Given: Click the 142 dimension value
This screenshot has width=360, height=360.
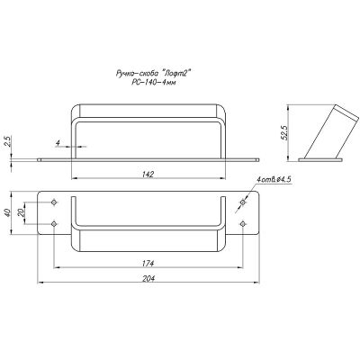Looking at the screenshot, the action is click(148, 174).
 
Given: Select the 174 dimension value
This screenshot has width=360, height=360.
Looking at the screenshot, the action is click(148, 263).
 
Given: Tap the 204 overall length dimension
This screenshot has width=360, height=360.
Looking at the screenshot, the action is click(148, 278).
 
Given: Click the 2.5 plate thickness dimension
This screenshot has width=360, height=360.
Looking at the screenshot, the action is click(8, 141).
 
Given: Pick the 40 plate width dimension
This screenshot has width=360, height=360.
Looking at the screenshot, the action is click(8, 212).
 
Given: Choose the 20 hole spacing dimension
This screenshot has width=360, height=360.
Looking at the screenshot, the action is click(21, 212).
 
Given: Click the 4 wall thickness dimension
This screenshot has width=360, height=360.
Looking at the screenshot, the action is click(58, 143).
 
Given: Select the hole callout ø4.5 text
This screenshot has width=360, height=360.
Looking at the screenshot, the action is click(274, 179).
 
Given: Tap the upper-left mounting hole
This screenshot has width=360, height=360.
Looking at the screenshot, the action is click(54, 202).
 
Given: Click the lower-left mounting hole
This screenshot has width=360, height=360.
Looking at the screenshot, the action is click(54, 224).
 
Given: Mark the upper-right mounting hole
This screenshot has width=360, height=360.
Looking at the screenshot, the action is click(243, 202).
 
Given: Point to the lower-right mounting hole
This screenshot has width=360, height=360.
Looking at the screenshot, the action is click(243, 224).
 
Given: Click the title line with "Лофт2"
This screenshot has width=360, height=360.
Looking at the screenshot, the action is click(153, 73).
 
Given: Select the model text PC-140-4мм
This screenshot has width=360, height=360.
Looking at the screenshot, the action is click(153, 83).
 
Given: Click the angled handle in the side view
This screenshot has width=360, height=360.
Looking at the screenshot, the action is click(331, 131).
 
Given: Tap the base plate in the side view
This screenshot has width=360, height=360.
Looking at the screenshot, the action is click(320, 160).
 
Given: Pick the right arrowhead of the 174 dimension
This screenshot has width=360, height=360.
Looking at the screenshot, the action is click(239, 266).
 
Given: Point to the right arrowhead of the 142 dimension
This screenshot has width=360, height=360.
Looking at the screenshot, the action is click(222, 178).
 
